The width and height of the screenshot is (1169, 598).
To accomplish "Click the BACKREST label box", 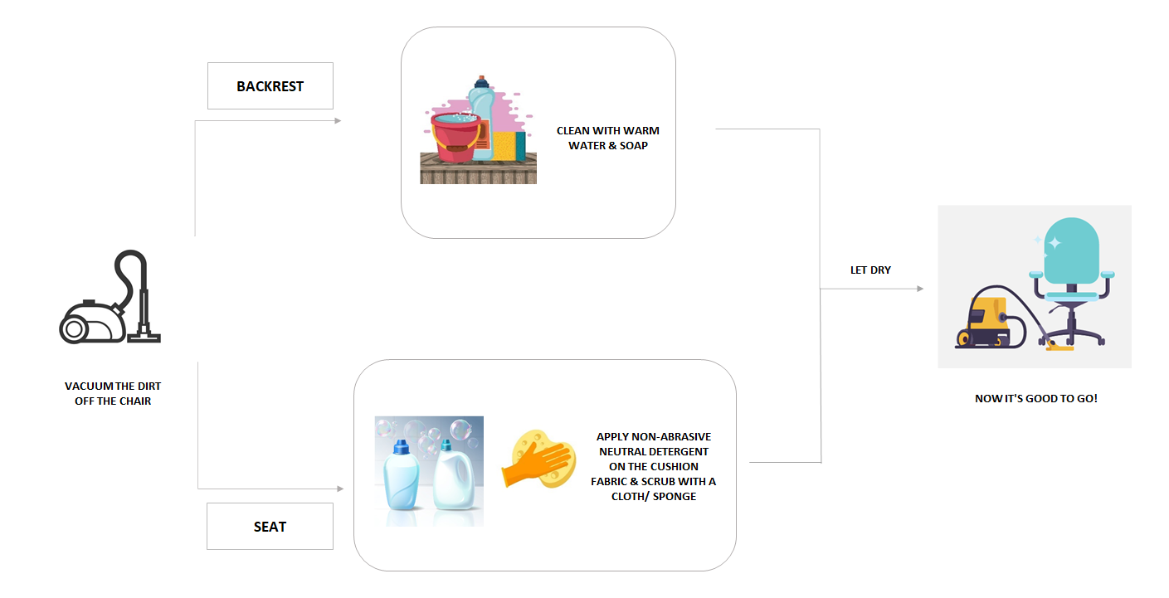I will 270,86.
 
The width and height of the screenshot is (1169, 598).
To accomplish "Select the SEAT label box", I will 270,526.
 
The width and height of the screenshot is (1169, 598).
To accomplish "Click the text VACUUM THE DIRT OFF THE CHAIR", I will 113,394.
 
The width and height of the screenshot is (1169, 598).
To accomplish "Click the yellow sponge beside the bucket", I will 509,146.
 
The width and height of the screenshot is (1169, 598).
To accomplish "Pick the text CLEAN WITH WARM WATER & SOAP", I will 607,139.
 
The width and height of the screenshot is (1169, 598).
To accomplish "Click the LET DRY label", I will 870,270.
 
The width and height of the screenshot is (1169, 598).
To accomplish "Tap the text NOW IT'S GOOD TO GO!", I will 1035,399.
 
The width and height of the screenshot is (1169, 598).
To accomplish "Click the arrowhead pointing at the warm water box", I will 338,121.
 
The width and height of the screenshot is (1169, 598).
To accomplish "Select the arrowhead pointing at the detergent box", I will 339,489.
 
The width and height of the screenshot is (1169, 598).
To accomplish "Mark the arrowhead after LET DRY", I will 919,289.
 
